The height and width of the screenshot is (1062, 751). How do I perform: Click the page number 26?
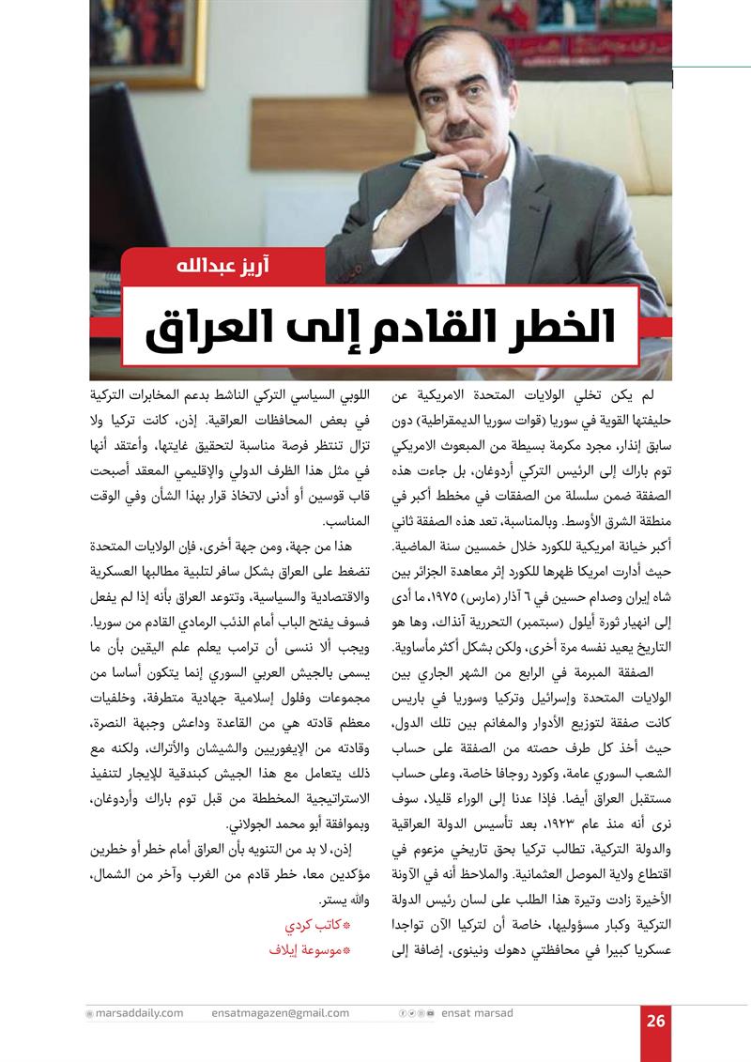click(655, 1022)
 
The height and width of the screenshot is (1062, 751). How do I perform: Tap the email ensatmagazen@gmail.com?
click(280, 1013)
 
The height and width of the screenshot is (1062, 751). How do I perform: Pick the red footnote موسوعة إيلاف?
click(309, 950)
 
